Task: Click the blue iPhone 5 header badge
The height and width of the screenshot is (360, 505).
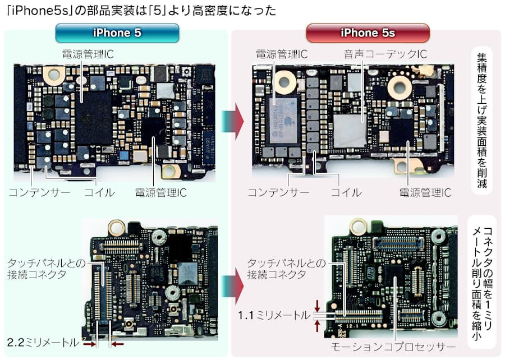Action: (117, 33)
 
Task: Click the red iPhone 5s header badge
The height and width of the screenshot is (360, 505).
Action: (368, 33)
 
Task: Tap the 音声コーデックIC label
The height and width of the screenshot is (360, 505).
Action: (385, 54)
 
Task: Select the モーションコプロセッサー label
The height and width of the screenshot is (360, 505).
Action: (393, 347)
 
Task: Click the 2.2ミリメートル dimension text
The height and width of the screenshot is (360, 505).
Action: (43, 342)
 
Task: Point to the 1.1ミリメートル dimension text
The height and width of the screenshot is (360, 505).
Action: (274, 315)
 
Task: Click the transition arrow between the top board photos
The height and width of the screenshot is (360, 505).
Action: (232, 121)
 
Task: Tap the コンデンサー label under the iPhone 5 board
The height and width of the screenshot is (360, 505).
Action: (39, 192)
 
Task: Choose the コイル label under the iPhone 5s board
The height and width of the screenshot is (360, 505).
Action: (346, 192)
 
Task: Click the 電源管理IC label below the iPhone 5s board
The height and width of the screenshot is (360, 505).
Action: (425, 192)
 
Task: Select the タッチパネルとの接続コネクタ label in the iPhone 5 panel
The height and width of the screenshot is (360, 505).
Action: (47, 269)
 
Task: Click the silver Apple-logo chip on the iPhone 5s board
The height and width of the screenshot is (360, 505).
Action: (283, 121)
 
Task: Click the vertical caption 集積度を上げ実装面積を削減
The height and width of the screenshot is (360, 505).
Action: (482, 121)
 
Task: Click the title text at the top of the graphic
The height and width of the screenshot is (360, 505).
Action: (141, 11)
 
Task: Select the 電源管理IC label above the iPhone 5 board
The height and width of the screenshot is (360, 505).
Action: (88, 54)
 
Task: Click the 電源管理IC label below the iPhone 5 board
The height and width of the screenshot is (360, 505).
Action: (160, 192)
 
